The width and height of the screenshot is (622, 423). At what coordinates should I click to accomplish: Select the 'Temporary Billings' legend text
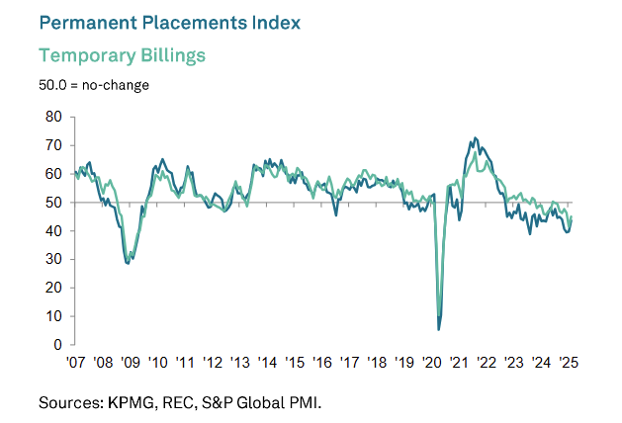tap(122, 54)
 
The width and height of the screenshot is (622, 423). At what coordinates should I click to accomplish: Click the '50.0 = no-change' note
tap(94, 85)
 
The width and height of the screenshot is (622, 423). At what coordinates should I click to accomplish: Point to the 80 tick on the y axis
tap(54, 117)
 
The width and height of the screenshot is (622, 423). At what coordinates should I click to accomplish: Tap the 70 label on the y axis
tap(54, 145)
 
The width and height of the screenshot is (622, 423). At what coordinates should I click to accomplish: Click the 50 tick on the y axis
tap(54, 203)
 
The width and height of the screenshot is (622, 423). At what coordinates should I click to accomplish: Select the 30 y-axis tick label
tap(54, 260)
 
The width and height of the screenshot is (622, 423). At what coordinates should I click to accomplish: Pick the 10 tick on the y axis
tap(54, 317)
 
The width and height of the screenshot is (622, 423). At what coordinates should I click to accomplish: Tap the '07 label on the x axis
tap(74, 363)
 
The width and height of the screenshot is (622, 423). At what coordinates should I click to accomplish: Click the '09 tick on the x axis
tap(130, 363)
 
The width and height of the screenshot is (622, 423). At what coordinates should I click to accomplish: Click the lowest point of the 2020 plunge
tap(439, 329)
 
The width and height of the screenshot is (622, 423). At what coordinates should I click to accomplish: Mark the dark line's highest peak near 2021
tap(476, 137)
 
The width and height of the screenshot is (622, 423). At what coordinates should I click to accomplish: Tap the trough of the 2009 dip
tap(128, 263)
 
